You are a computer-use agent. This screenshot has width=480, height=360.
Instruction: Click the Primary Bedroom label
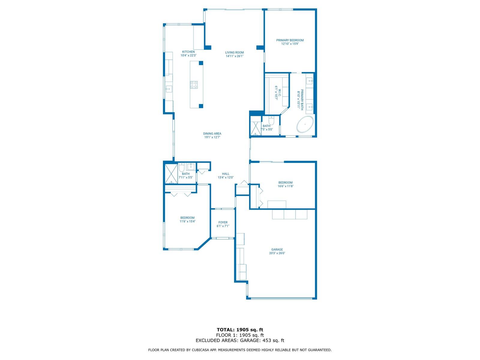pyautogui.click(x=290, y=40)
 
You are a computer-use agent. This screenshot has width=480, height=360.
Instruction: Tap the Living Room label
pyautogui.click(x=234, y=52)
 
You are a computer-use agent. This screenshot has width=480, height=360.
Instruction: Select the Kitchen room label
pyautogui.click(x=188, y=52)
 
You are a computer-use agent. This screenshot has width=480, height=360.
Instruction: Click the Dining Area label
pyautogui.click(x=212, y=133)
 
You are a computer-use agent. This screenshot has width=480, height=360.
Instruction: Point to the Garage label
pyautogui.click(x=277, y=249)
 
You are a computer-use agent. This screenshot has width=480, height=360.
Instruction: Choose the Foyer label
pyautogui.click(x=223, y=222)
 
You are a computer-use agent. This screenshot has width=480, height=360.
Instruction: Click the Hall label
pyautogui.click(x=226, y=174)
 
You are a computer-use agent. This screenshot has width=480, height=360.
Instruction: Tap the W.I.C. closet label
pyautogui.click(x=280, y=93)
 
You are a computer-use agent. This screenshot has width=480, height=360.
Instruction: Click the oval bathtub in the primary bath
pyautogui.click(x=305, y=124)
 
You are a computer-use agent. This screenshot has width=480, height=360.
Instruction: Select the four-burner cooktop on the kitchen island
pyautogui.click(x=194, y=85)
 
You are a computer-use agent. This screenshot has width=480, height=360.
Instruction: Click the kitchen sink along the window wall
pyautogui.click(x=169, y=89)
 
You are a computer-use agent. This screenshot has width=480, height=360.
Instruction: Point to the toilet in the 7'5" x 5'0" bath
pyautogui.click(x=271, y=120)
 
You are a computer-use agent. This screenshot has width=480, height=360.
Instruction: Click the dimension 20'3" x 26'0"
pyautogui.click(x=277, y=253)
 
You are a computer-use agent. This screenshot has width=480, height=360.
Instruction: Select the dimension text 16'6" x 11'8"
pyautogui.click(x=285, y=186)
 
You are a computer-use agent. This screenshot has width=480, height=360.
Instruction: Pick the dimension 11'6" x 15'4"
pyautogui.click(x=187, y=221)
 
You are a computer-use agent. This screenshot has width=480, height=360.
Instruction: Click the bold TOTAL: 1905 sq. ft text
pyautogui.click(x=240, y=330)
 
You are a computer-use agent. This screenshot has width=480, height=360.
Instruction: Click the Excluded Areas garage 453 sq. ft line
pyautogui.click(x=240, y=340)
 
